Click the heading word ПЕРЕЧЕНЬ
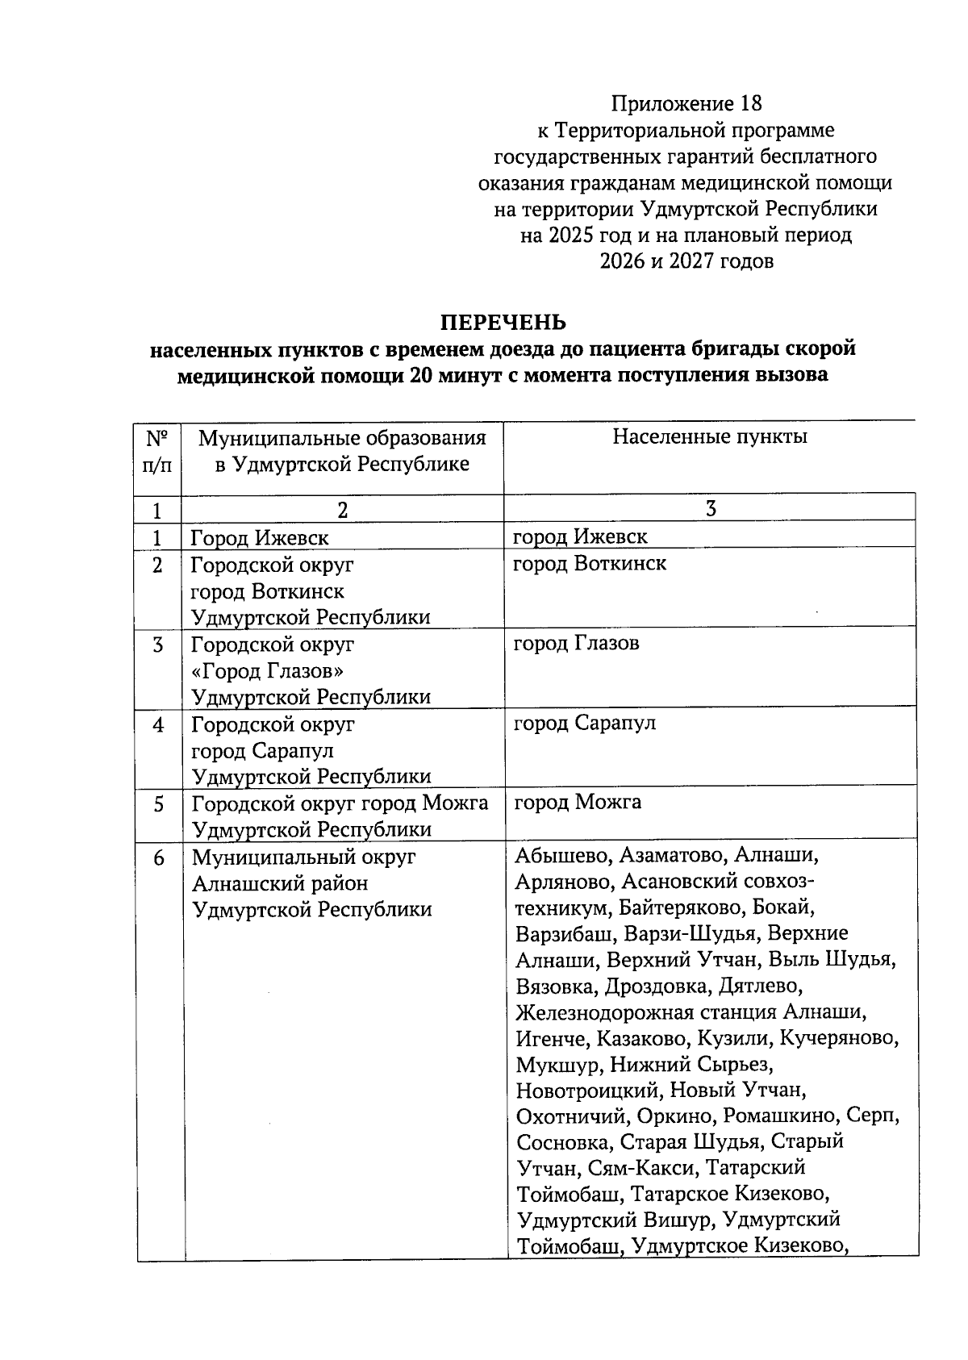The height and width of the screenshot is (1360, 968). tap(503, 323)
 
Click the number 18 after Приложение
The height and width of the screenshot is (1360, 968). tap(749, 103)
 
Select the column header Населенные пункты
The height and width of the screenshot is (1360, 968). tap(710, 437)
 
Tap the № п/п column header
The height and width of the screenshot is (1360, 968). tap(158, 452)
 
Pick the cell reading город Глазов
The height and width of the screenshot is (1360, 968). tap(577, 643)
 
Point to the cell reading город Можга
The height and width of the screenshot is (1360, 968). tap(578, 802)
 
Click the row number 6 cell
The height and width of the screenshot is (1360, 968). tap(159, 857)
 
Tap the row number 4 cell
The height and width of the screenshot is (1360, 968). tap(159, 724)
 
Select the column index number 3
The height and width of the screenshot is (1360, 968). tap(710, 507)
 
